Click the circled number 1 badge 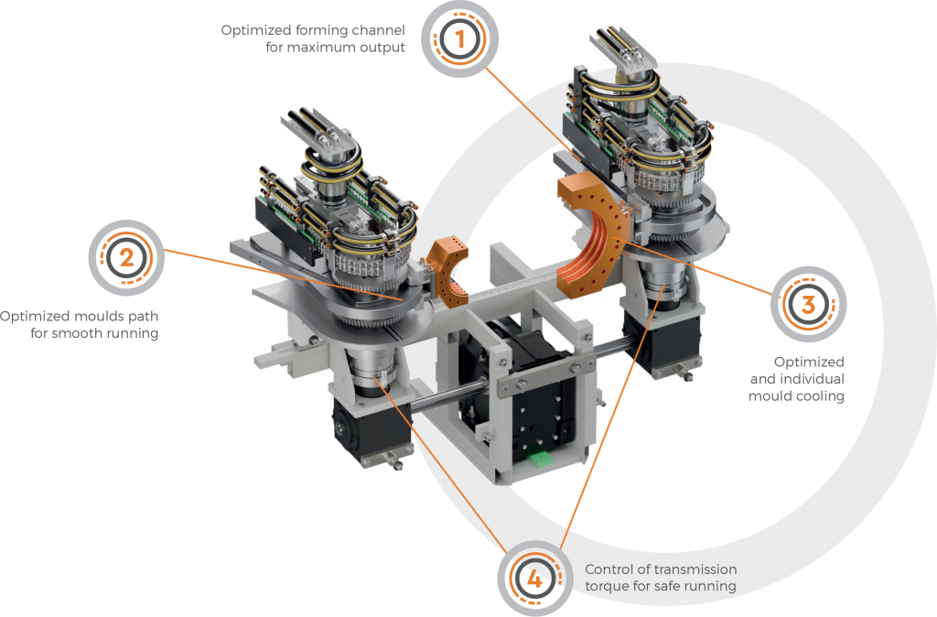tap(459, 39)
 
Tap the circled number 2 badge tap(126, 257)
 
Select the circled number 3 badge tap(808, 304)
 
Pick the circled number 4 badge tap(534, 579)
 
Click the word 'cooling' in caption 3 tap(821, 396)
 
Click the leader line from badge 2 tap(284, 275)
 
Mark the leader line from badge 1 tap(533, 114)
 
